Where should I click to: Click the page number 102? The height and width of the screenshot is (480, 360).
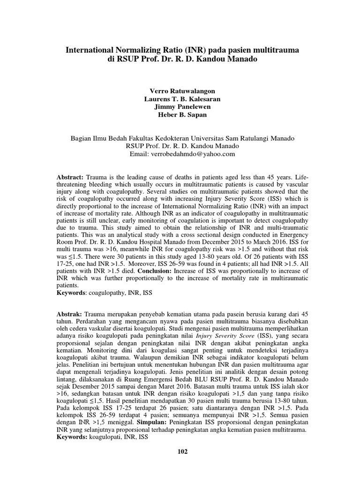[x=182, y=451]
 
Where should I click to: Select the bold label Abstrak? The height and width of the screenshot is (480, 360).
[x=69, y=313]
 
